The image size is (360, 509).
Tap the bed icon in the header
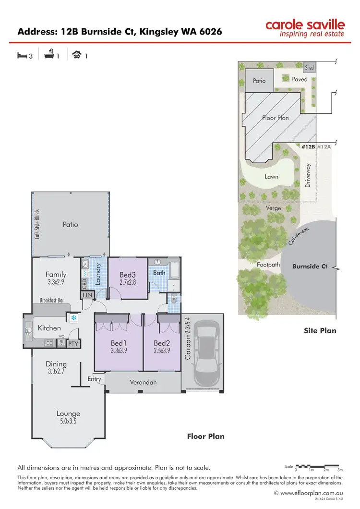pyautogui.click(x=22, y=56)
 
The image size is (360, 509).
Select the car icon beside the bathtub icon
pyautogui.click(x=76, y=56)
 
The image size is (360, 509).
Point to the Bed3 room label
pyautogui.click(x=127, y=275)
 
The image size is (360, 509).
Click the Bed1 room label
pyautogui.click(x=119, y=343)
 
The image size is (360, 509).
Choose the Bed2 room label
pyautogui.click(x=162, y=343)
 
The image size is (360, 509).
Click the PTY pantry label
pyautogui.click(x=73, y=344)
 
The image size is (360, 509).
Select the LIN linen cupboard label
pyautogui.click(x=87, y=295)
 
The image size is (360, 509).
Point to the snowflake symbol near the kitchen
pyautogui.click(x=74, y=318)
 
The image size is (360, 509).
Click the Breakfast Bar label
pyautogui.click(x=52, y=300)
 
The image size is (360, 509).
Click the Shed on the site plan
pyautogui.click(x=310, y=68)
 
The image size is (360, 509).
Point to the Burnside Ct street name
pyautogui.click(x=310, y=266)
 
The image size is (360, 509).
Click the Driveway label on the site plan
pyautogui.click(x=309, y=175)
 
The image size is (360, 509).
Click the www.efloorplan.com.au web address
pyautogui.click(x=311, y=493)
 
